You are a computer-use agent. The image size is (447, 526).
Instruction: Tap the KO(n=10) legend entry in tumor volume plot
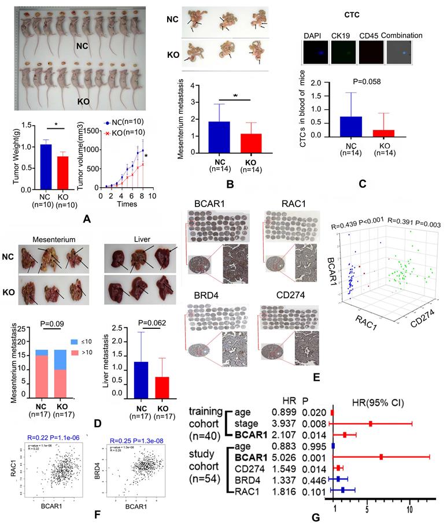[124, 133]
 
